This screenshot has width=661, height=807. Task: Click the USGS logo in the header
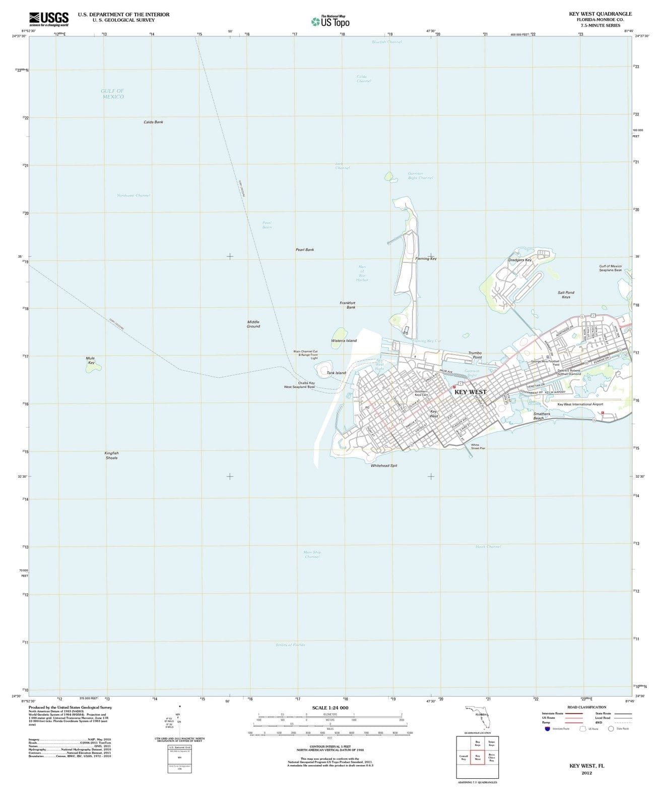49,19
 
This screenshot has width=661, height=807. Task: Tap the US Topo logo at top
330,21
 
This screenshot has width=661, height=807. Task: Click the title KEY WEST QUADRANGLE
600,14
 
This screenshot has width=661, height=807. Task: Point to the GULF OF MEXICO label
112,94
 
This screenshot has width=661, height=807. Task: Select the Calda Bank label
153,122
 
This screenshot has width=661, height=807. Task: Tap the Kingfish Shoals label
111,455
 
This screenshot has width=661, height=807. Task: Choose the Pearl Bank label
304,250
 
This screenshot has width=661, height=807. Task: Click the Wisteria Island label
344,340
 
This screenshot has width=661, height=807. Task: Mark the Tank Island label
336,373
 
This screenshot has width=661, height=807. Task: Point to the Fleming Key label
426,259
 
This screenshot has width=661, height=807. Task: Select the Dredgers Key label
519,260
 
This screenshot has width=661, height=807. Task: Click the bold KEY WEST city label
471,392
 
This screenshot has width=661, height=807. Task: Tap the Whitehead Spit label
384,466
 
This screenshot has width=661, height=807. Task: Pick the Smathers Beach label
542,416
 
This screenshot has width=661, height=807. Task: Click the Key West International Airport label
580,404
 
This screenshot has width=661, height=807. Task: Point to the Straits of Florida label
290,645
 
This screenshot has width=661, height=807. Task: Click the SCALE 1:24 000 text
330,708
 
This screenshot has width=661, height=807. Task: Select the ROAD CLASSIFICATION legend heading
586,707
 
